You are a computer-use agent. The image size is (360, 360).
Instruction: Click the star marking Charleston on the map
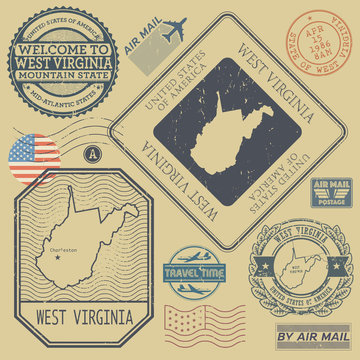(58, 257)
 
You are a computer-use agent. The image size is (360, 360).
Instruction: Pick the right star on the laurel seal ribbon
(335, 266)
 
